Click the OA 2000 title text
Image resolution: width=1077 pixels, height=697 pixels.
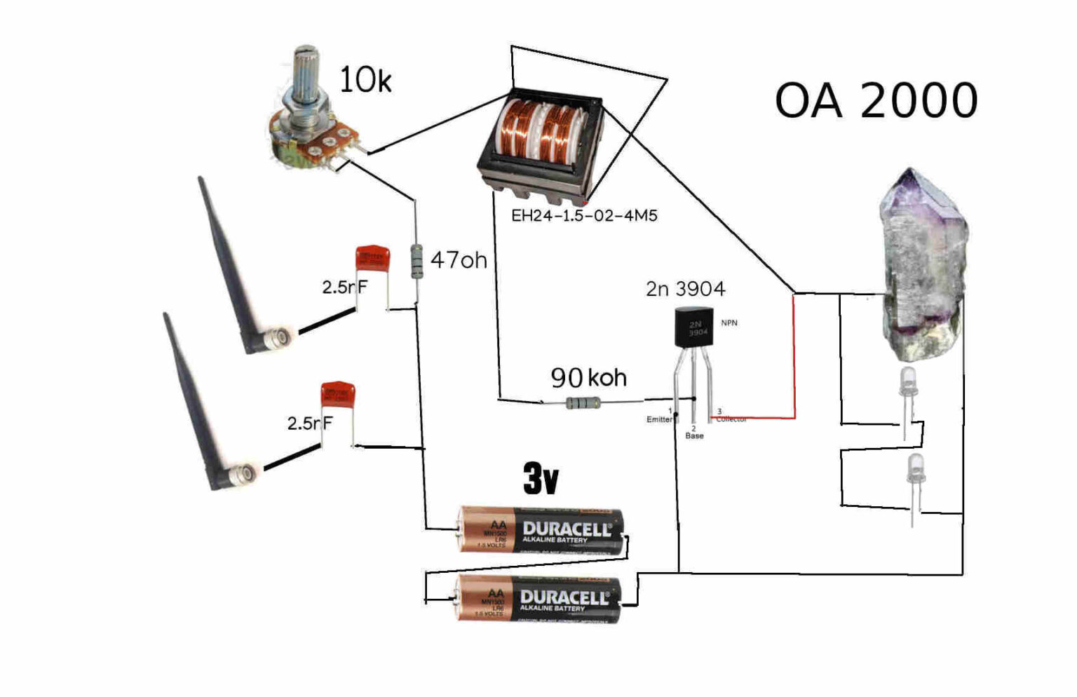point(876,100)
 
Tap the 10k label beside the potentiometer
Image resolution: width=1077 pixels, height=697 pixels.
point(365,80)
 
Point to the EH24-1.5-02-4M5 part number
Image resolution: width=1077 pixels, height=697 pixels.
point(584,215)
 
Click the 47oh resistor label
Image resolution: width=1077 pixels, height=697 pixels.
point(459,260)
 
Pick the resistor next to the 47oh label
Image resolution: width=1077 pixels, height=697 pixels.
point(417,262)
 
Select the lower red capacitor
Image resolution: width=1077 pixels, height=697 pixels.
point(338,394)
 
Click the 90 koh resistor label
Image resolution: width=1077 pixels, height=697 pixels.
point(588,378)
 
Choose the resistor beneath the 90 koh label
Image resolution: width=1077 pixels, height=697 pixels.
point(583,403)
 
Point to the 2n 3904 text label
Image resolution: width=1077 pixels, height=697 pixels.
point(685,289)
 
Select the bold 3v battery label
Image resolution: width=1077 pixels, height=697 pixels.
point(541,479)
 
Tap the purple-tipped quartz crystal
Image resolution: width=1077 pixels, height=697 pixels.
point(922,259)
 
